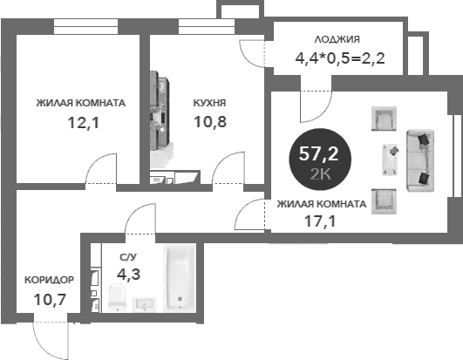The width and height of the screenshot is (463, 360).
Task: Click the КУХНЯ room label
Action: (209, 103)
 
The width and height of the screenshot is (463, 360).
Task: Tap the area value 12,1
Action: (84, 122)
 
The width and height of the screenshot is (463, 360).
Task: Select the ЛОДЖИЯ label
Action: (337, 39)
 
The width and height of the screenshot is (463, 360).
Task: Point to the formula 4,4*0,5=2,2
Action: (340, 58)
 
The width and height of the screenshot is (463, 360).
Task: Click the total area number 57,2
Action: (318, 153)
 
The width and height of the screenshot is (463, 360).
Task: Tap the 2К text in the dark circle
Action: (320, 174)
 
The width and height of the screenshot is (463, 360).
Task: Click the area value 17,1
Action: (320, 221)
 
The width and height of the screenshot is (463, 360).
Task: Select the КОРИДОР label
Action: (49, 280)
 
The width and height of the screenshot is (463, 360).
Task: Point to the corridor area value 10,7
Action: (50, 300)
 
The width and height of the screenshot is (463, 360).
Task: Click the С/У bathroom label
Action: (128, 257)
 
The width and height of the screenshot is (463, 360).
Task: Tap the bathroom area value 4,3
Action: (128, 275)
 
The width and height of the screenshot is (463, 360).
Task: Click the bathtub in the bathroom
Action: (180, 278)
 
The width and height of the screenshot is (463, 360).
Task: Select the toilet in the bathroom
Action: (117, 297)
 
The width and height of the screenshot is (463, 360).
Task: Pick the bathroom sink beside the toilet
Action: (144, 304)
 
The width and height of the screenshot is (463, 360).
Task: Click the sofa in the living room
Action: (420, 160)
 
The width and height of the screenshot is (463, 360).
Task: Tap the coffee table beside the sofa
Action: (390, 160)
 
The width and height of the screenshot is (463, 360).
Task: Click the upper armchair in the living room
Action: (384, 119)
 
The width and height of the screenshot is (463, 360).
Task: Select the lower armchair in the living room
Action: (384, 201)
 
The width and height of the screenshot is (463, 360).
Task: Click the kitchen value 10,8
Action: (210, 121)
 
